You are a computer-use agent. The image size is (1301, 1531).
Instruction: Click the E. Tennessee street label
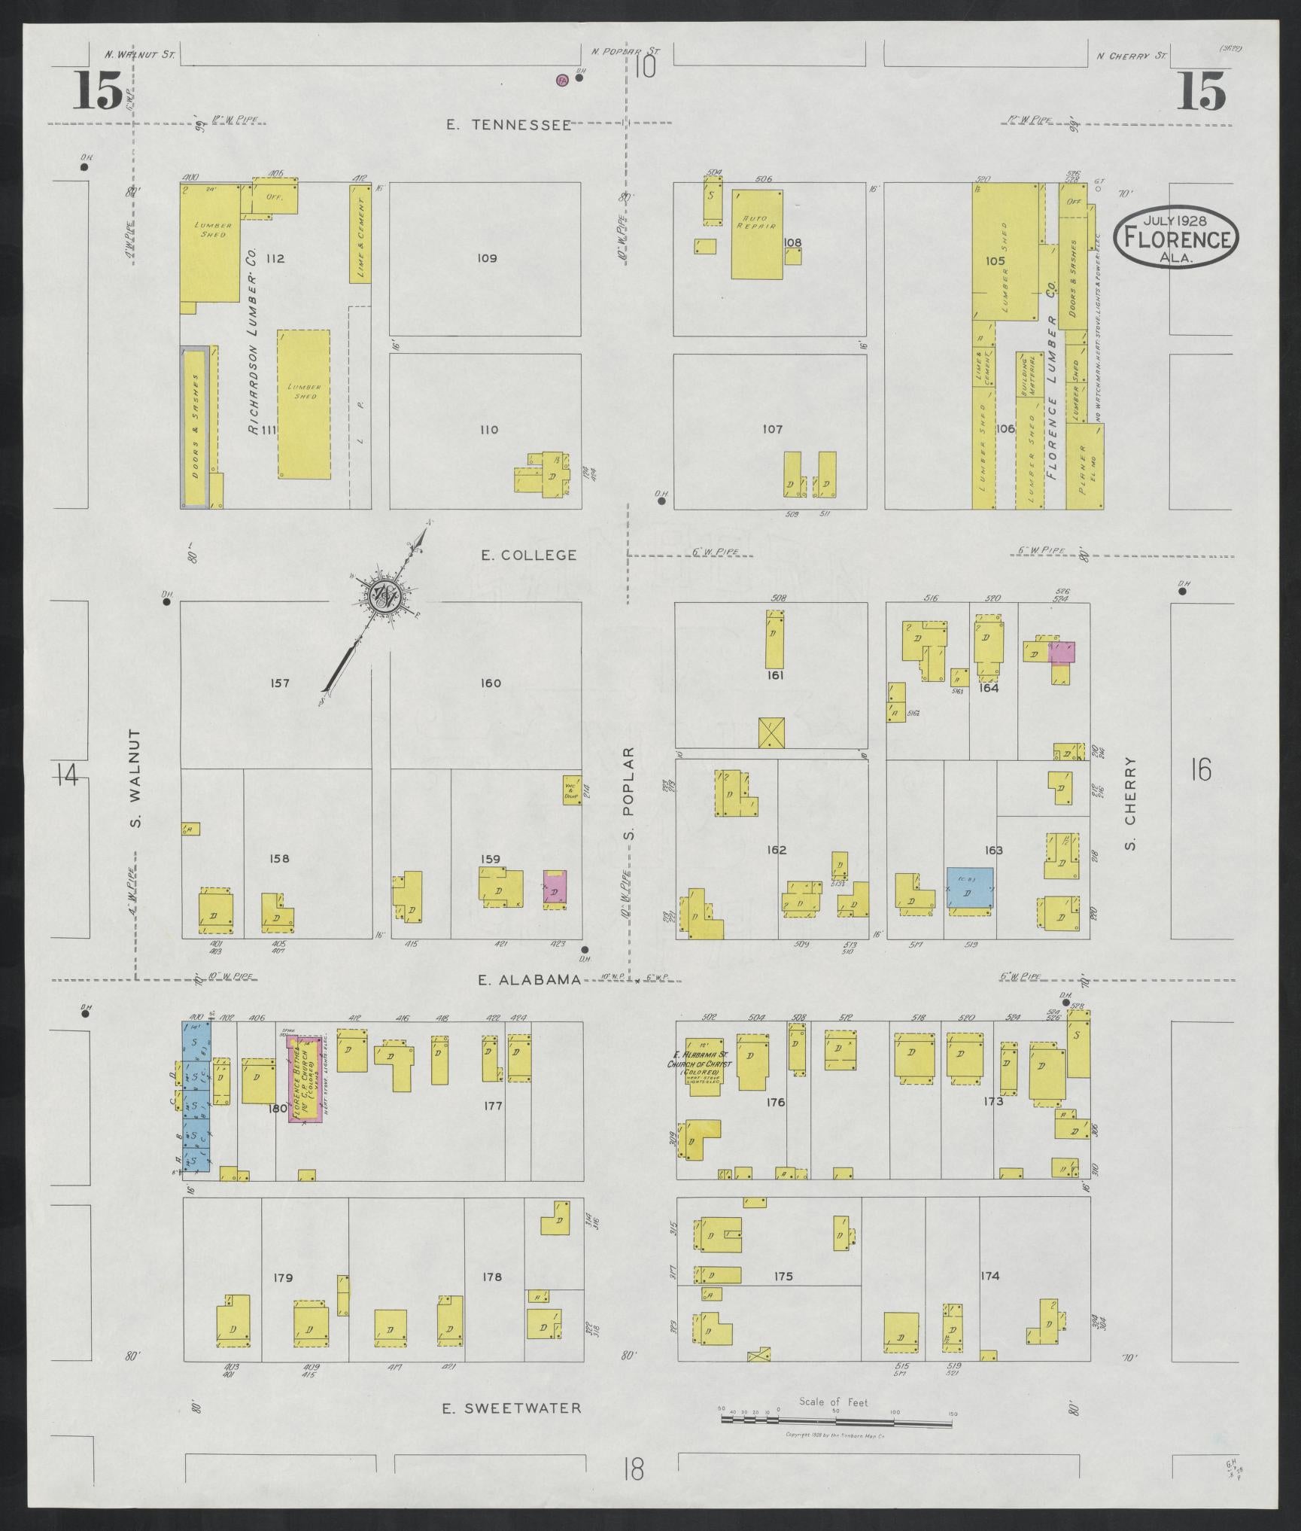[508, 126]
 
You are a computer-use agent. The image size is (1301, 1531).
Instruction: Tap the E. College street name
[529, 555]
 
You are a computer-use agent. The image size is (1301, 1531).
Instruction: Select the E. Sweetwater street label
[511, 1408]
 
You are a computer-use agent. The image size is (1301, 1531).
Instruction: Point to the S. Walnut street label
[136, 778]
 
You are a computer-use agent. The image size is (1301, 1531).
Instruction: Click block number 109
[487, 258]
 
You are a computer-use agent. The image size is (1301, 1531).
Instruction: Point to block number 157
[278, 683]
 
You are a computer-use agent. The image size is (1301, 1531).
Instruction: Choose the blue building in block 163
[969, 888]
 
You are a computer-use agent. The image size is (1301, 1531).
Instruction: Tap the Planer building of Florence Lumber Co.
[1085, 467]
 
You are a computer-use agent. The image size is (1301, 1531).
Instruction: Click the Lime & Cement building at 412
[360, 234]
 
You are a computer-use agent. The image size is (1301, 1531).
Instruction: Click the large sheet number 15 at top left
[98, 93]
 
